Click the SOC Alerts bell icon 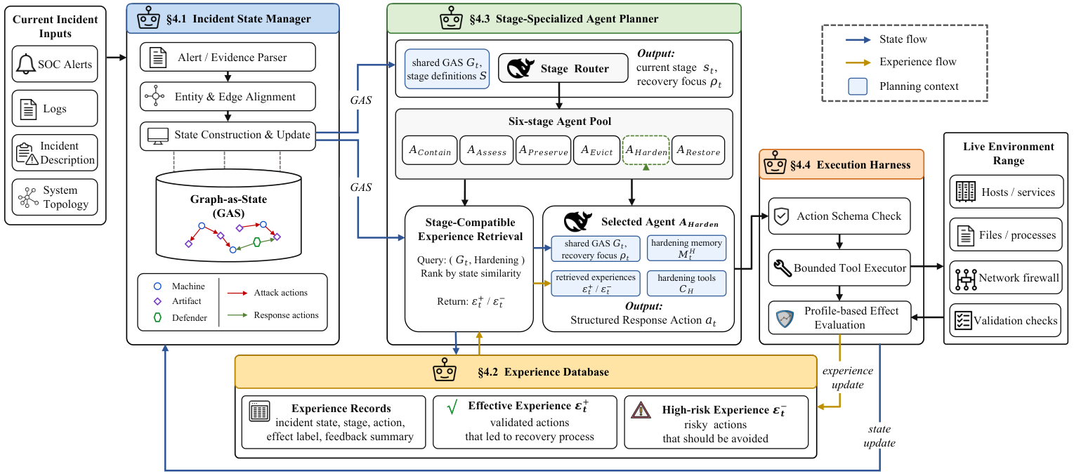tap(26, 64)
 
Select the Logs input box tap(55, 108)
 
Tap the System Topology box tap(55, 197)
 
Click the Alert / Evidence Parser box tap(228, 57)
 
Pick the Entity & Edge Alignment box tap(228, 96)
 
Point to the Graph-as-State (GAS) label tap(229, 206)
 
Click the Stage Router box tap(563, 68)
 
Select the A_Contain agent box tap(430, 150)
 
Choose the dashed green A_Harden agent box tap(646, 150)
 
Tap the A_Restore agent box tap(698, 150)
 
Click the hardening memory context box tap(686, 249)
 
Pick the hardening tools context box tap(686, 284)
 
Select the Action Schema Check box tap(839, 216)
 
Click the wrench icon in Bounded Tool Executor tap(782, 268)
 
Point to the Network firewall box tap(1007, 277)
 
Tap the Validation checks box tap(1007, 320)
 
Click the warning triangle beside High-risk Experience tap(641, 411)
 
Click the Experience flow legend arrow tap(858, 62)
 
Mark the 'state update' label tap(879, 436)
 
